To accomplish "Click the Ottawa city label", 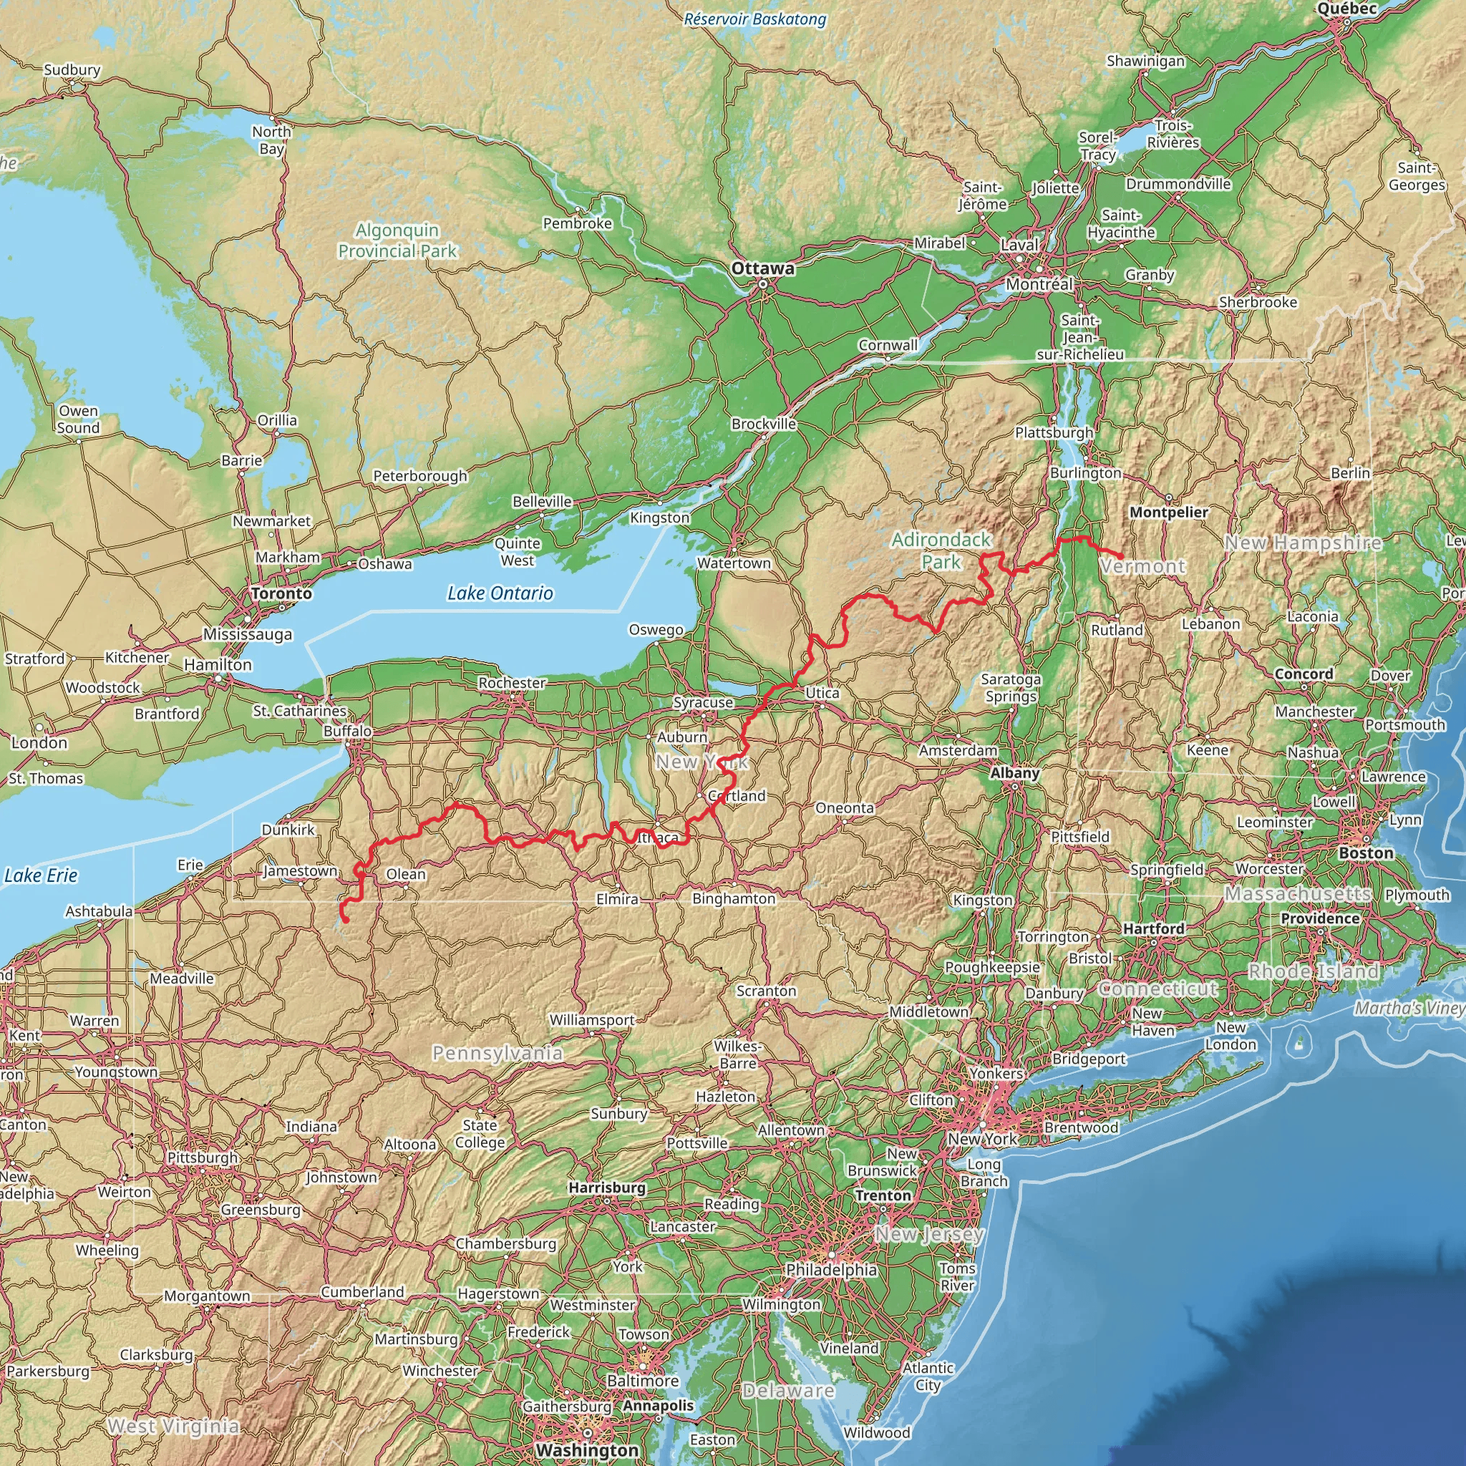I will [762, 268].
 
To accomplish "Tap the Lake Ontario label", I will [500, 593].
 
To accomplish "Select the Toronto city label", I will [281, 593].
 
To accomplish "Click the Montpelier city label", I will [1168, 513].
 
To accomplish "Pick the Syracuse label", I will [704, 703].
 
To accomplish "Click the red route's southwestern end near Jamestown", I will [345, 921].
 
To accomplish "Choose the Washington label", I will [587, 1450].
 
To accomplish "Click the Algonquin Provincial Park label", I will [397, 241].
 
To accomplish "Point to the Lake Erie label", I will [41, 875].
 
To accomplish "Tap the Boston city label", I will [1366, 853].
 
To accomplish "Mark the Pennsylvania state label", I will [497, 1052].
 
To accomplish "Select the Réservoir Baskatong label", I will [754, 19].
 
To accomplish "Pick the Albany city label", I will [1015, 772].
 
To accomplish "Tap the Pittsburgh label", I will [203, 1158].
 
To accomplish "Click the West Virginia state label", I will [173, 1426].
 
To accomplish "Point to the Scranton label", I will [767, 991].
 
